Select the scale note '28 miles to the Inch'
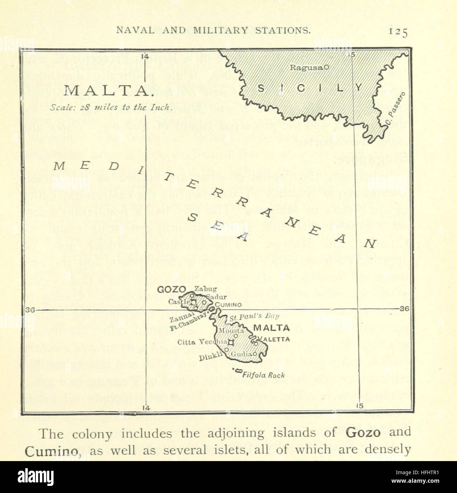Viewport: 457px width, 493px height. (111, 108)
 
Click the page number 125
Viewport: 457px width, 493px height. (398, 32)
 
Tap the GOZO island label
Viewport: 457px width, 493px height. (174, 290)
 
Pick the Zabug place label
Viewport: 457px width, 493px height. (206, 289)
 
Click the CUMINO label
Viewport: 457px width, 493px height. (228, 305)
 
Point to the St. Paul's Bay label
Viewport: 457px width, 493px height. (254, 317)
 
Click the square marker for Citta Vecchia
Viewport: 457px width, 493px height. (231, 343)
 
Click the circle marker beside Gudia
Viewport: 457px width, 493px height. (255, 354)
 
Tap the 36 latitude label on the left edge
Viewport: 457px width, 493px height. (30, 310)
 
